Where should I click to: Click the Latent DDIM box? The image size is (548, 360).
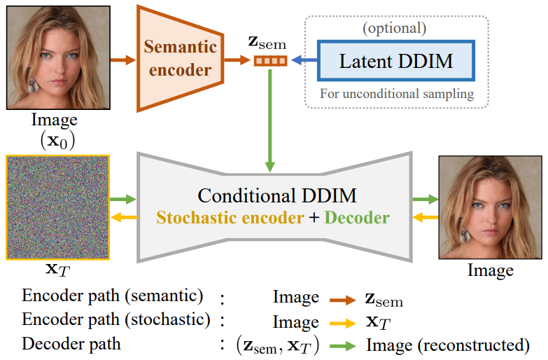[396, 61]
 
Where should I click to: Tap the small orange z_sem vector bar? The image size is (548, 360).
[269, 62]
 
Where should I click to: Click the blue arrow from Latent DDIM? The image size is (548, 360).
[302, 62]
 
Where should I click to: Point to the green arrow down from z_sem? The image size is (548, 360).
[269, 119]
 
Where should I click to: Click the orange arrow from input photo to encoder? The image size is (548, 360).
[122, 60]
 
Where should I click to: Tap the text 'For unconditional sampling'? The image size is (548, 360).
[396, 92]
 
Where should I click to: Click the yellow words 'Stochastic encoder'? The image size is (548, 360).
[230, 218]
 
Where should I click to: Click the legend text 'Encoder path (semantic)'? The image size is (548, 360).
[112, 296]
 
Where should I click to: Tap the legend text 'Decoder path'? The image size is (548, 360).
[71, 344]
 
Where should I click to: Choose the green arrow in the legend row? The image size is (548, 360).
[338, 345]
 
